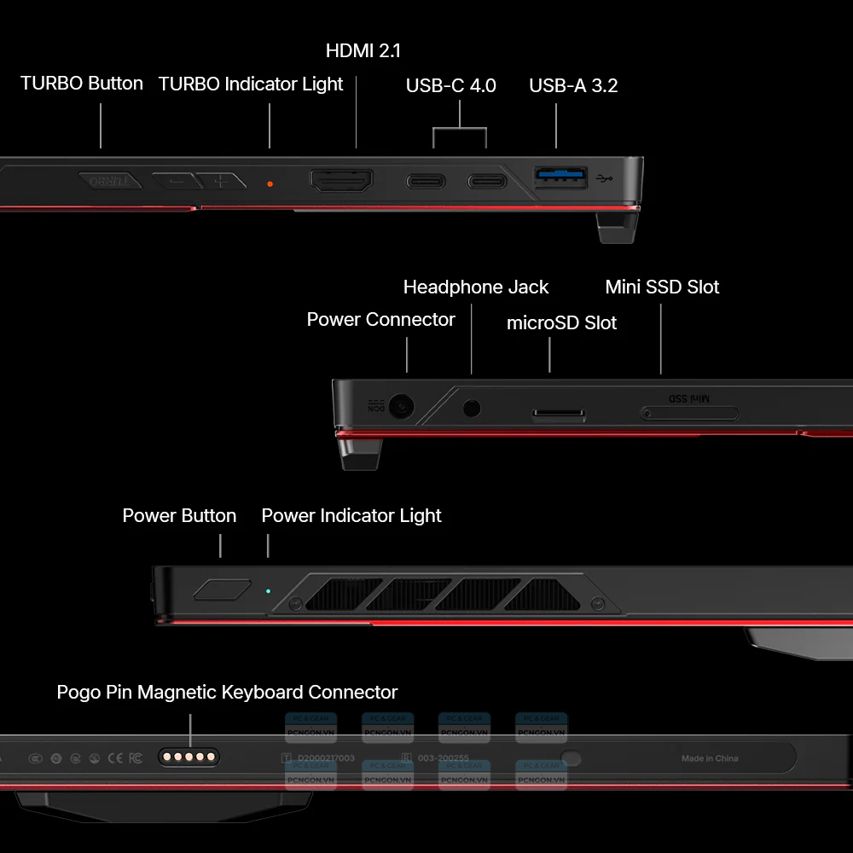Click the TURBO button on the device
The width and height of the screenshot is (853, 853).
point(110,181)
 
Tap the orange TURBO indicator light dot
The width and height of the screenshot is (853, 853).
point(270,183)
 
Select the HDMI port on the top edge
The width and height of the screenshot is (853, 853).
point(341,181)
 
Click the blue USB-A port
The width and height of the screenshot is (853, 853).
point(560,177)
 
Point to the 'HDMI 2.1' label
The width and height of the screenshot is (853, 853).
point(363,51)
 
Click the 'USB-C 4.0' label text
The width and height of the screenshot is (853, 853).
point(450,85)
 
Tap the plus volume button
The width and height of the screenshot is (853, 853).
point(222,181)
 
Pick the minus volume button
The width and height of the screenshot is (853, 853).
point(176,181)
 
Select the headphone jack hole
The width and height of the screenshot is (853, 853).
point(472,408)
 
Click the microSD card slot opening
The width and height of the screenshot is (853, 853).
point(560,415)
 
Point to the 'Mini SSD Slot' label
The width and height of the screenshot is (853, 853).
point(662,287)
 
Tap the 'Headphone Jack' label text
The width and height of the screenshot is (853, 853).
point(476,287)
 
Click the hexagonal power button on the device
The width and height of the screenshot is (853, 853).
point(223,589)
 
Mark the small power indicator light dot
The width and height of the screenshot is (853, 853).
point(268,590)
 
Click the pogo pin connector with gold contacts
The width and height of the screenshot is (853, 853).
point(189,757)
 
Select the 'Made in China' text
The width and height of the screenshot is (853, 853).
point(710,758)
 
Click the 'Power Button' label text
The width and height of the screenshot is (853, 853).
point(179,516)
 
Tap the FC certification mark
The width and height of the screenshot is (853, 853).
point(135,757)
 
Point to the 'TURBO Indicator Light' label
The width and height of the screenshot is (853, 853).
point(251,84)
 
